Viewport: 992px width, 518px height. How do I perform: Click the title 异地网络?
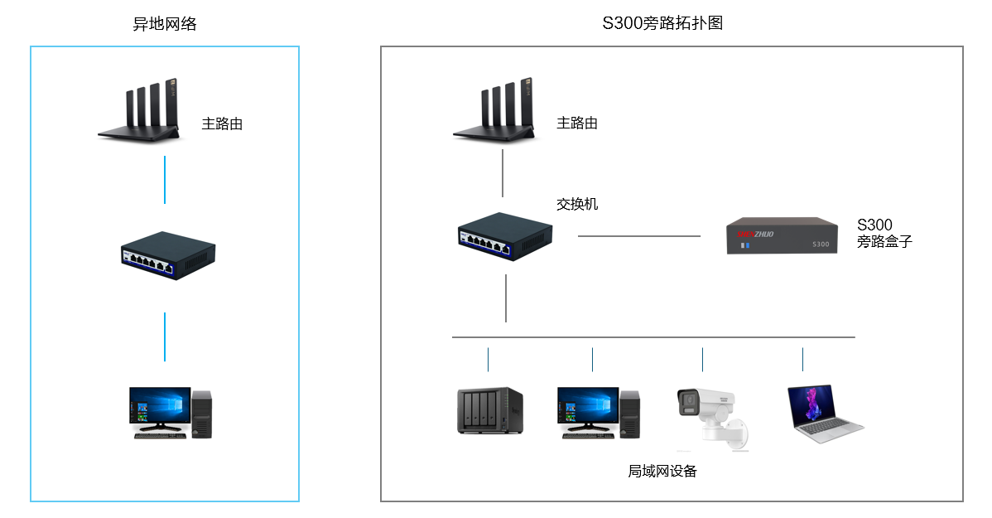pyautogui.click(x=165, y=24)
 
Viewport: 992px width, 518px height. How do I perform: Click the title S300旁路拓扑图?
pyautogui.click(x=662, y=23)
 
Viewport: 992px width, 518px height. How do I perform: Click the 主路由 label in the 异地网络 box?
pyautogui.click(x=222, y=124)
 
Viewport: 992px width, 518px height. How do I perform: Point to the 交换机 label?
pyautogui.click(x=577, y=203)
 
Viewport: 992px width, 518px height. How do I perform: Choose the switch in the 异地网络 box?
pyautogui.click(x=168, y=255)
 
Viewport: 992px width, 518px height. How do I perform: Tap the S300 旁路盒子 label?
pyautogui.click(x=884, y=234)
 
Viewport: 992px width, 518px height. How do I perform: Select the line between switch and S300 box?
pyautogui.click(x=638, y=236)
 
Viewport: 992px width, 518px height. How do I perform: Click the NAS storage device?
pyautogui.click(x=489, y=410)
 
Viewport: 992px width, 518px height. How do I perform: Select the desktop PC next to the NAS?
pyautogui.click(x=598, y=412)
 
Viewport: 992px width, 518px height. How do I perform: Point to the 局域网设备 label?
pyautogui.click(x=662, y=472)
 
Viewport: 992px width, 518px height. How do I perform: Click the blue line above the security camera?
pyautogui.click(x=702, y=360)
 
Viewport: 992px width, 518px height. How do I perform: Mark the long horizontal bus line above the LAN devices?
pyautogui.click(x=653, y=337)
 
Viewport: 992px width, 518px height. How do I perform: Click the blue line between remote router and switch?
pyautogui.click(x=165, y=180)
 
